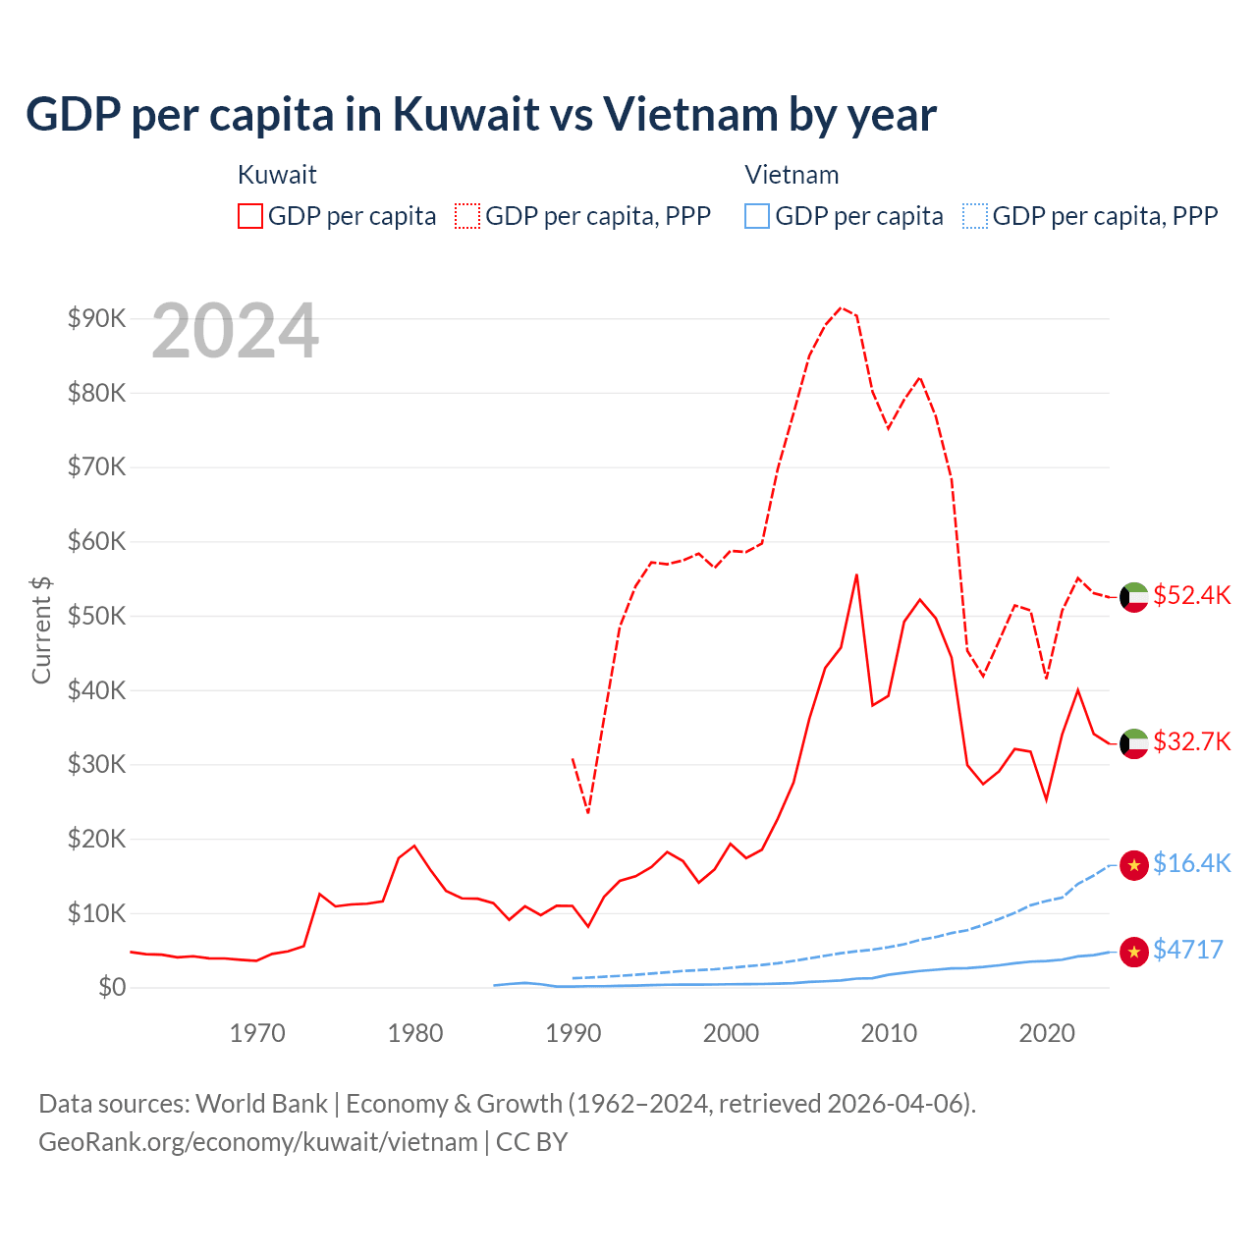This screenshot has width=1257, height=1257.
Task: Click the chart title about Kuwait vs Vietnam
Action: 481,115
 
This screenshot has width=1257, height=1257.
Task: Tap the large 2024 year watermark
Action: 236,331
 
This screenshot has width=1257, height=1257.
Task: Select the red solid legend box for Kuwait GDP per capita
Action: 250,216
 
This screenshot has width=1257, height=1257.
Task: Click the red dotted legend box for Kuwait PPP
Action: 467,216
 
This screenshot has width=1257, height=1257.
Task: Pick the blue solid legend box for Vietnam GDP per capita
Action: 757,216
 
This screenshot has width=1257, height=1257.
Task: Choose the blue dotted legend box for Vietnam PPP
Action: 975,216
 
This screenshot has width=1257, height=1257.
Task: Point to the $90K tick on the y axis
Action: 96,318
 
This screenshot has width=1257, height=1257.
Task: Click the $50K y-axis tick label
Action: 96,616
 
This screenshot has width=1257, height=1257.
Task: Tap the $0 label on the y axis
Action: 112,987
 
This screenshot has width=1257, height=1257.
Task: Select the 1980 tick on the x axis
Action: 415,1033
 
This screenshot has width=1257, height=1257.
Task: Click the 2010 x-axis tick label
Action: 889,1033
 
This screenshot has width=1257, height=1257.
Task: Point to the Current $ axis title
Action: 41,629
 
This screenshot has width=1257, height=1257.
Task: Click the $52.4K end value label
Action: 1191,596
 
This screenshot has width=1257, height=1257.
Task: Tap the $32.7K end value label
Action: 1191,741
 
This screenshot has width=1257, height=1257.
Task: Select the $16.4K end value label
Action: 1191,863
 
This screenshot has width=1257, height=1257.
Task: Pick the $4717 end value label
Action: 1188,950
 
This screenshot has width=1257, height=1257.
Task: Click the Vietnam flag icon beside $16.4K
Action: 1134,865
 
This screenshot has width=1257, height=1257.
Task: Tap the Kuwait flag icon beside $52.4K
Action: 1134,597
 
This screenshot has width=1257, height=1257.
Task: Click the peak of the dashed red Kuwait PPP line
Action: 841,307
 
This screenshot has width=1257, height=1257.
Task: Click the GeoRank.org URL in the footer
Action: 258,1142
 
